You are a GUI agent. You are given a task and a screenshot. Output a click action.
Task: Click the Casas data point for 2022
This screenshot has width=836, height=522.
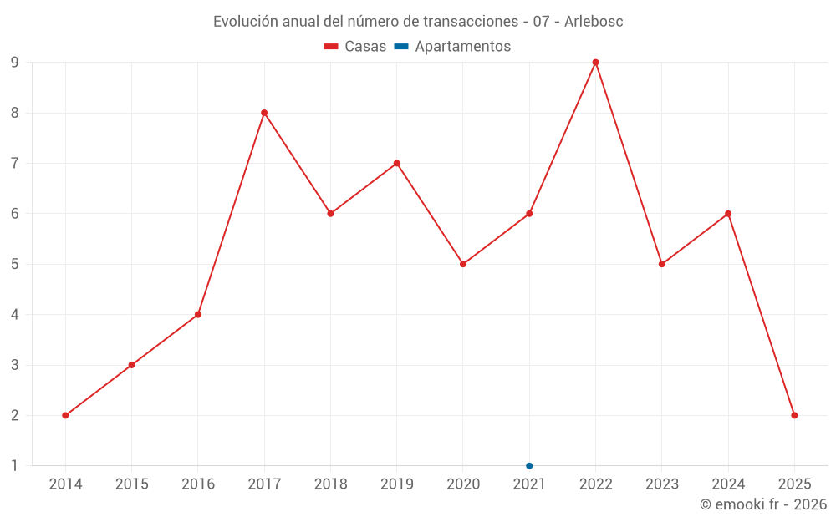(x=595, y=63)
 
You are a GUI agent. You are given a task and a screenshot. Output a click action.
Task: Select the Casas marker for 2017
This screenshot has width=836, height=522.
(x=264, y=113)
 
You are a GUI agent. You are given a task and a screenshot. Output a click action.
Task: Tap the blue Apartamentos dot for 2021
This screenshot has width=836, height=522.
(x=529, y=466)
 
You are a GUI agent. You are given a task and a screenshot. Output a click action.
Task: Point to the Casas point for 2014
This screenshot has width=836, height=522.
(x=65, y=415)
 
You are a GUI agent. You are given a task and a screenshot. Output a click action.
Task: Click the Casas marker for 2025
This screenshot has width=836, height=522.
(x=794, y=415)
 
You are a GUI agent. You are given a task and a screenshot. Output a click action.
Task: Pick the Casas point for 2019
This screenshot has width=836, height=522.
(x=397, y=163)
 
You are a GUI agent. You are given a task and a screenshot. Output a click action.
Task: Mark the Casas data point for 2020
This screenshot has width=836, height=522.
(x=463, y=264)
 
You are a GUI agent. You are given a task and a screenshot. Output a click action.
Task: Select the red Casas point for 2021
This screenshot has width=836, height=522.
(x=529, y=214)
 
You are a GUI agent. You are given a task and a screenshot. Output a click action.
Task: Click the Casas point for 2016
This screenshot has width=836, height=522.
(x=198, y=315)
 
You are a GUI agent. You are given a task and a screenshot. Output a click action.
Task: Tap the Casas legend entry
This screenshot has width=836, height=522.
(x=355, y=47)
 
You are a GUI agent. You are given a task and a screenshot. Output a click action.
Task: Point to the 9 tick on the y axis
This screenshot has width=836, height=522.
(x=15, y=63)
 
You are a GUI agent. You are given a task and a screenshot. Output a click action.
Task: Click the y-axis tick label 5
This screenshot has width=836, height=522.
(x=15, y=264)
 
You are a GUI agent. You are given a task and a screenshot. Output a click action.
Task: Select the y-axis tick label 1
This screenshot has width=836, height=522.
(x=15, y=466)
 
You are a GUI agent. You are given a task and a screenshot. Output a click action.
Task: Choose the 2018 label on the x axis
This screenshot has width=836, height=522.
(x=330, y=484)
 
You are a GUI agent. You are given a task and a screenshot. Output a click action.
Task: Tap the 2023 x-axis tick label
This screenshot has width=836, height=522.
(x=662, y=484)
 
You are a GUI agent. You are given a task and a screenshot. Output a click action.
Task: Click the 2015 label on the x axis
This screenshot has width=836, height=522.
(x=132, y=484)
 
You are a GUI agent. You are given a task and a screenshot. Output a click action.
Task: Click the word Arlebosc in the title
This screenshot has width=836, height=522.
(x=594, y=22)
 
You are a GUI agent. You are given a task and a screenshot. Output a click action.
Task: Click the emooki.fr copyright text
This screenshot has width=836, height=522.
(x=763, y=504)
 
